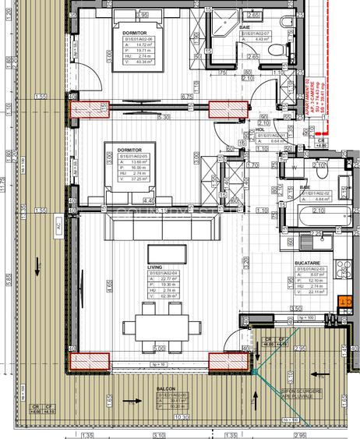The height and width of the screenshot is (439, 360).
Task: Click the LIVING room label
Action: tap(155, 267)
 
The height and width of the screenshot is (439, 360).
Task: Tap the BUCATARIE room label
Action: tap(306, 264)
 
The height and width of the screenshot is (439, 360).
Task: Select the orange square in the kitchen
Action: tap(345, 300)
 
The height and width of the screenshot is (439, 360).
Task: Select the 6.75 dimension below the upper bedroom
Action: tap(186, 97)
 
